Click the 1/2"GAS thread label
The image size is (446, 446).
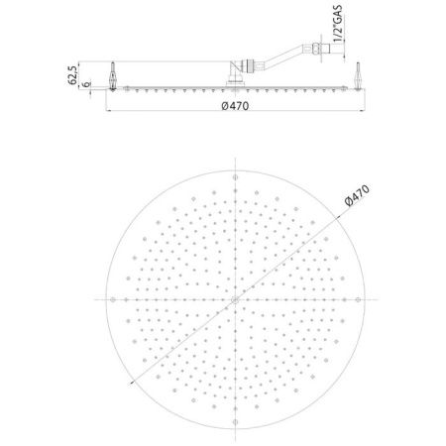click(338, 24)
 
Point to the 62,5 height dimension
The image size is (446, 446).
click(72, 75)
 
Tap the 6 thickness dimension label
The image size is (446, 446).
click(86, 84)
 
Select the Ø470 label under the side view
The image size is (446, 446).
click(235, 106)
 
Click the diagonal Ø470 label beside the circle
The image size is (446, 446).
click(357, 195)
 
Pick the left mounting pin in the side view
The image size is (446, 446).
click(113, 76)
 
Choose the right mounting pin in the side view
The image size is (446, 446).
click(358, 75)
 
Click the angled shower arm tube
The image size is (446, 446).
click(284, 56)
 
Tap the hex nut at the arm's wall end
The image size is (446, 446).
click(316, 49)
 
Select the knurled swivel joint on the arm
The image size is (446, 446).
click(250, 65)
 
